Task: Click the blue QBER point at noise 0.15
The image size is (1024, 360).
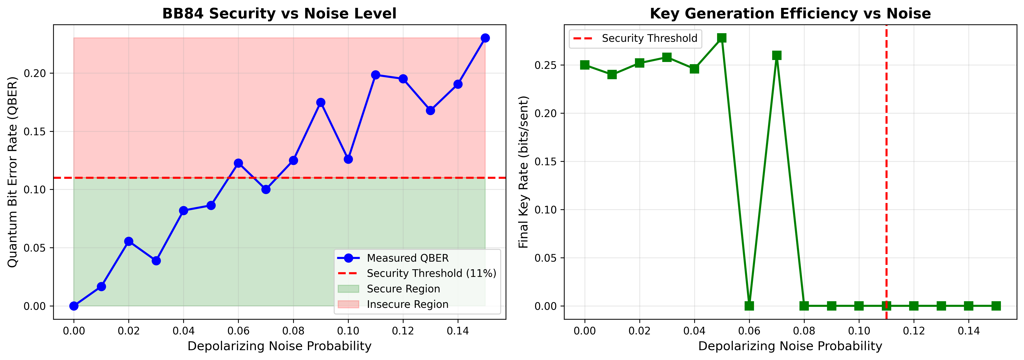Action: (x=485, y=38)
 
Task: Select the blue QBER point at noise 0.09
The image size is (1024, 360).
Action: (x=321, y=103)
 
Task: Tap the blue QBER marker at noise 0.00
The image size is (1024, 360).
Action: (x=74, y=306)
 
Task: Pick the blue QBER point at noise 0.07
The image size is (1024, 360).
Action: (x=266, y=190)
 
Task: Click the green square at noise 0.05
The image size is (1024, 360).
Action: (x=722, y=38)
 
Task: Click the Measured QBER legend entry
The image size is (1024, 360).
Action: (x=407, y=258)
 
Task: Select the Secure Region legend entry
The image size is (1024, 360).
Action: (x=403, y=289)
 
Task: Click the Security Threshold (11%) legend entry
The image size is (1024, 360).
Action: (x=431, y=273)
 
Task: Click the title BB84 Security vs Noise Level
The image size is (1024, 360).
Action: (x=279, y=14)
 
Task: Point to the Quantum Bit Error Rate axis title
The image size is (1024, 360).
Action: (x=13, y=172)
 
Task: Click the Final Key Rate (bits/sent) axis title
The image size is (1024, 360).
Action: (x=524, y=172)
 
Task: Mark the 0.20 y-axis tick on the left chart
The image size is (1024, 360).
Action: (x=35, y=74)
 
